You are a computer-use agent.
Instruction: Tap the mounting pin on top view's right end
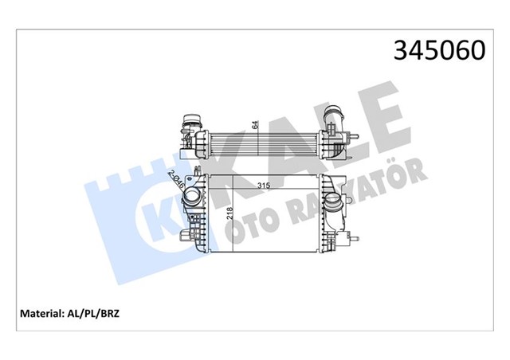(357, 137)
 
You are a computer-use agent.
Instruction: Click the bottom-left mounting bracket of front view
(190, 237)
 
